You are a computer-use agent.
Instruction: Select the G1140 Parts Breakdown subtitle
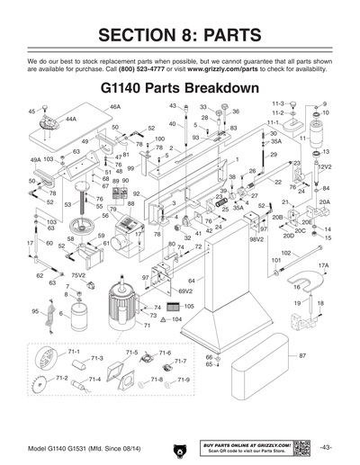click(180, 92)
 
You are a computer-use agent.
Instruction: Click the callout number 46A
click(114, 107)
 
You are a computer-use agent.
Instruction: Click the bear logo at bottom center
click(181, 448)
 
